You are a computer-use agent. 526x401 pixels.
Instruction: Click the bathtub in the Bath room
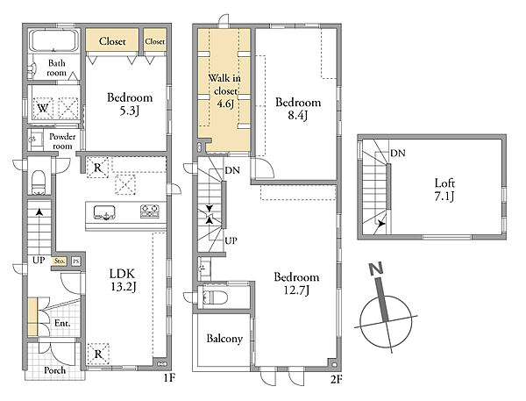[54, 40]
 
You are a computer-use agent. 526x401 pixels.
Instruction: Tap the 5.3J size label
[129, 111]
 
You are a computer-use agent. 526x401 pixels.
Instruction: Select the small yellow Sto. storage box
[60, 261]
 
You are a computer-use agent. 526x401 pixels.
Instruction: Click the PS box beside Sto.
[76, 261]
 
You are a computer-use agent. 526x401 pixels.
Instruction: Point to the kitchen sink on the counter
[104, 212]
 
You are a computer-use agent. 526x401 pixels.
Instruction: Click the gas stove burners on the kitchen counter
[150, 211]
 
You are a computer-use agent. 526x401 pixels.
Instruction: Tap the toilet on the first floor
[39, 182]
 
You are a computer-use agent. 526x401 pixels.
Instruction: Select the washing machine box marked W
[43, 108]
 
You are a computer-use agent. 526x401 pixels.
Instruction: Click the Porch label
[54, 370]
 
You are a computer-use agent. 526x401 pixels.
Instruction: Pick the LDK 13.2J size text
[123, 280]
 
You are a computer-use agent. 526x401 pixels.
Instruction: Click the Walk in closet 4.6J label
[224, 90]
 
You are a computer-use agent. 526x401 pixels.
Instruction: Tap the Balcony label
[224, 338]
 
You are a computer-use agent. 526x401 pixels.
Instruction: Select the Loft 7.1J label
[444, 190]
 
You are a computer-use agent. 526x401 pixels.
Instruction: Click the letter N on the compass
[376, 269]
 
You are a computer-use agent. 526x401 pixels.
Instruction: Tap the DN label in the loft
[398, 154]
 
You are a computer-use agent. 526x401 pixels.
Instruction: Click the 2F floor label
[336, 380]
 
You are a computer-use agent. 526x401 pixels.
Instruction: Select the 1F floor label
[169, 378]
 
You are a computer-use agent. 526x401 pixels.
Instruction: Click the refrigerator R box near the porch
[98, 354]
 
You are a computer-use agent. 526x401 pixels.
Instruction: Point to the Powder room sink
[36, 139]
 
